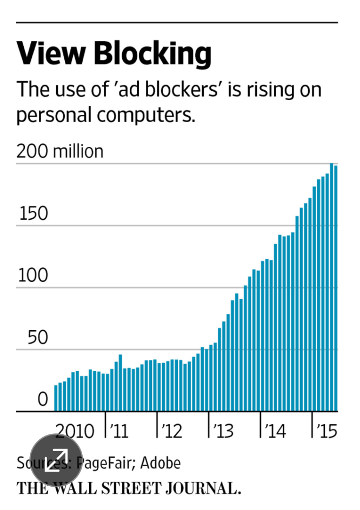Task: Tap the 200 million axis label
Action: pos(59,151)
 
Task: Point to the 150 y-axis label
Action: pos(34,214)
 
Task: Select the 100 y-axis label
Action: pos(34,276)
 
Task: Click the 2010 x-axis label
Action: pos(74,431)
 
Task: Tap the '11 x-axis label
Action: pos(118,431)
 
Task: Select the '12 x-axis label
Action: pos(171,431)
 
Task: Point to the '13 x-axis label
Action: pos(223,431)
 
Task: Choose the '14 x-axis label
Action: pos(275,431)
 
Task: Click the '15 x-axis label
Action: pos(326,431)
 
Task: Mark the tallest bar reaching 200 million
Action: pos(331,286)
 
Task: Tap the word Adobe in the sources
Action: pos(163,463)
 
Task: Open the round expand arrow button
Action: pos(56,460)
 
